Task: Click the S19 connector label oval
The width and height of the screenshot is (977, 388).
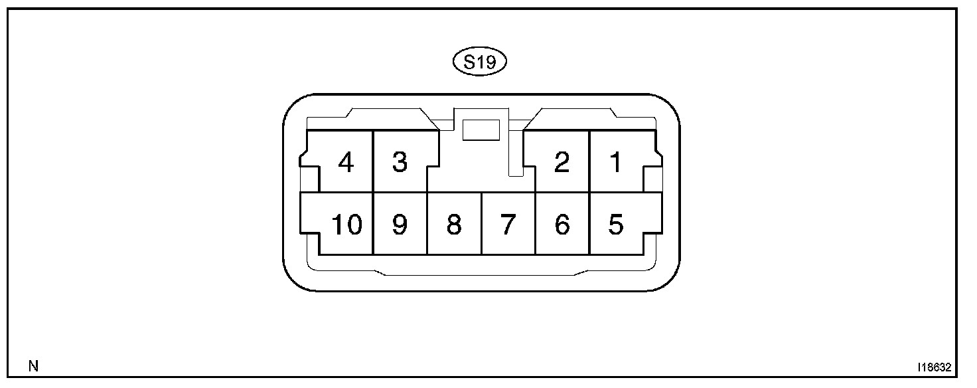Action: click(479, 62)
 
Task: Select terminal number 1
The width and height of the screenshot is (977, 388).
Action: click(617, 162)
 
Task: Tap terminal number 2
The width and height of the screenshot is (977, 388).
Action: click(562, 162)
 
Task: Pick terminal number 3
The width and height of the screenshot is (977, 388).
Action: click(400, 162)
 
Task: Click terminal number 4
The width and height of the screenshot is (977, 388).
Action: click(345, 162)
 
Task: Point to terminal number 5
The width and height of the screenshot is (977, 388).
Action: click(617, 225)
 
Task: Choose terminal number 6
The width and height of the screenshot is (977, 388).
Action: click(562, 225)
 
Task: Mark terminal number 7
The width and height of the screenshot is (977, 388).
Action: click(508, 225)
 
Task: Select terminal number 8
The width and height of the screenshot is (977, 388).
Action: click(454, 225)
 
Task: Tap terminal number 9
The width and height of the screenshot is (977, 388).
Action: click(400, 225)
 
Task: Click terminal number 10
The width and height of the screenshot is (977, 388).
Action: click(346, 225)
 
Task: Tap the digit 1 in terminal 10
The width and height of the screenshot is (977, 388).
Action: click(337, 225)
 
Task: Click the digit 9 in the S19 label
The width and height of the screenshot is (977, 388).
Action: click(492, 62)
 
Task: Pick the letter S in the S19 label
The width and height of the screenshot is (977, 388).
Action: click(469, 62)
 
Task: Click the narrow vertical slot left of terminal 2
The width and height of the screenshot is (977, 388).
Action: click(515, 153)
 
